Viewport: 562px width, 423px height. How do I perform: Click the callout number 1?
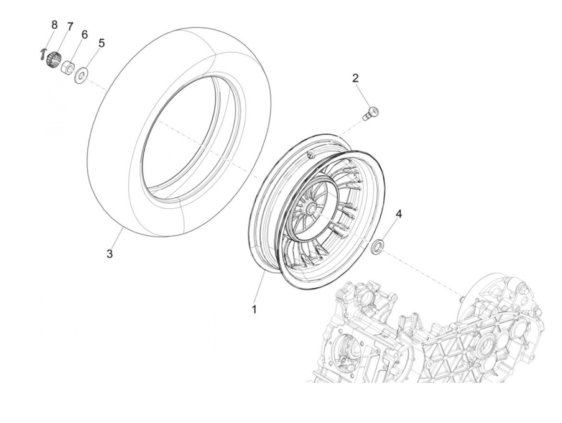(x=254, y=310)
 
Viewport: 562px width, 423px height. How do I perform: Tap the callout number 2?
(x=355, y=78)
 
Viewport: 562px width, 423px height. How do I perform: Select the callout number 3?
(x=110, y=254)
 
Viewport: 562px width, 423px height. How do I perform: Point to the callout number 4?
(x=398, y=214)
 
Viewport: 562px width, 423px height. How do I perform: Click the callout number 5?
(x=102, y=43)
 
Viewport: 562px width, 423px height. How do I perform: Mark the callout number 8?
(x=55, y=25)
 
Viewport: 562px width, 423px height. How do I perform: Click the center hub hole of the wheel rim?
(x=310, y=209)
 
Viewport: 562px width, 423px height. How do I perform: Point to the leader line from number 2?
(x=364, y=95)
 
